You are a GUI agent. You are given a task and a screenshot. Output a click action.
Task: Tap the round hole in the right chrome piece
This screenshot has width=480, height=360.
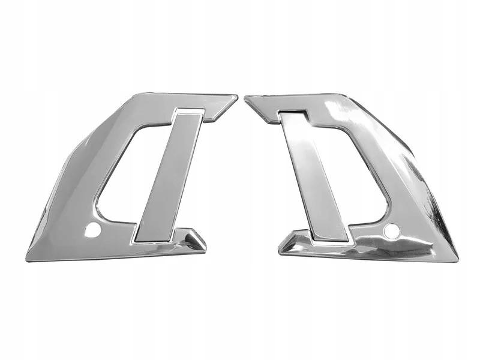391,229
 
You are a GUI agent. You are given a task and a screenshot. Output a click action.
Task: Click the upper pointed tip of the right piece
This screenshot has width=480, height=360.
247,98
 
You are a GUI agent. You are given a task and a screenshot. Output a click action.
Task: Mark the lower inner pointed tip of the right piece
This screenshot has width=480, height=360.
281,247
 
